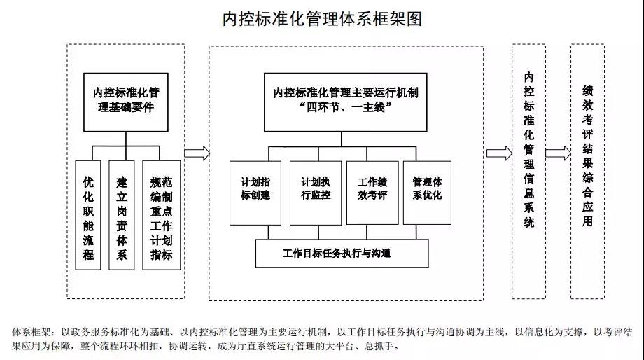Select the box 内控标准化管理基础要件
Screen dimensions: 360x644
126,102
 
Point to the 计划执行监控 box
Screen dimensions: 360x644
316,192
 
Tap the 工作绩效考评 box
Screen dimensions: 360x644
372,192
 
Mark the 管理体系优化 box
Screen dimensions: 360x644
427,192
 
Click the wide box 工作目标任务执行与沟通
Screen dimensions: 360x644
342,253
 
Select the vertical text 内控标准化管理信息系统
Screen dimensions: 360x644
529,150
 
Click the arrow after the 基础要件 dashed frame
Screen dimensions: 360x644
197,153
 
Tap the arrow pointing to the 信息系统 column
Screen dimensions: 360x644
498,153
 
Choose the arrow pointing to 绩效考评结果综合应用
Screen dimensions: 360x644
558,153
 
